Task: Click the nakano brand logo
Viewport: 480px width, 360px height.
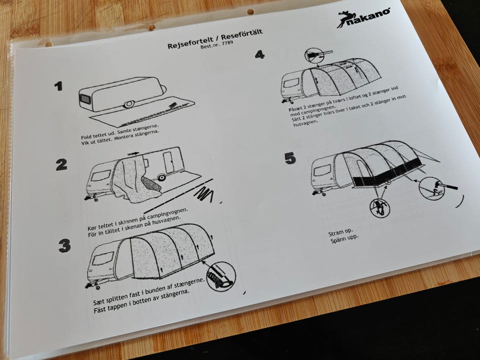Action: click(363, 18)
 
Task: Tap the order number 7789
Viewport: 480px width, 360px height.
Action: click(227, 43)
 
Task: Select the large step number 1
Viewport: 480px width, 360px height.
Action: click(58, 86)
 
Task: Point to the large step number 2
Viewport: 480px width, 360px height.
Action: click(61, 164)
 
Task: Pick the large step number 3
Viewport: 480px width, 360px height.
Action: click(64, 245)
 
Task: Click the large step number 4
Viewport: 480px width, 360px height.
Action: click(259, 55)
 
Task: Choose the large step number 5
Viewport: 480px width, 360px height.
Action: click(290, 158)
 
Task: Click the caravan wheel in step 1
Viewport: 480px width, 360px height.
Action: click(129, 104)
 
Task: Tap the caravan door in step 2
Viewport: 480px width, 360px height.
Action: click(168, 162)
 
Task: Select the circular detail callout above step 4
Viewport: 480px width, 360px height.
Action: click(314, 55)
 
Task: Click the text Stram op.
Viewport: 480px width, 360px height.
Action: click(340, 232)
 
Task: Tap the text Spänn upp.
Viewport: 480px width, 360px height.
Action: click(344, 238)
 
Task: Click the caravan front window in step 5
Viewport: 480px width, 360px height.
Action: click(322, 170)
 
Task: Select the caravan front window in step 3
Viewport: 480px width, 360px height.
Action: click(103, 258)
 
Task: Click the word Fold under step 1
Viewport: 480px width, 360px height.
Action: click(86, 136)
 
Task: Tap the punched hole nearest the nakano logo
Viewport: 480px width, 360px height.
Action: click(250, 12)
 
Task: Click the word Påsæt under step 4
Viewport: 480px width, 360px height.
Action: click(295, 108)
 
